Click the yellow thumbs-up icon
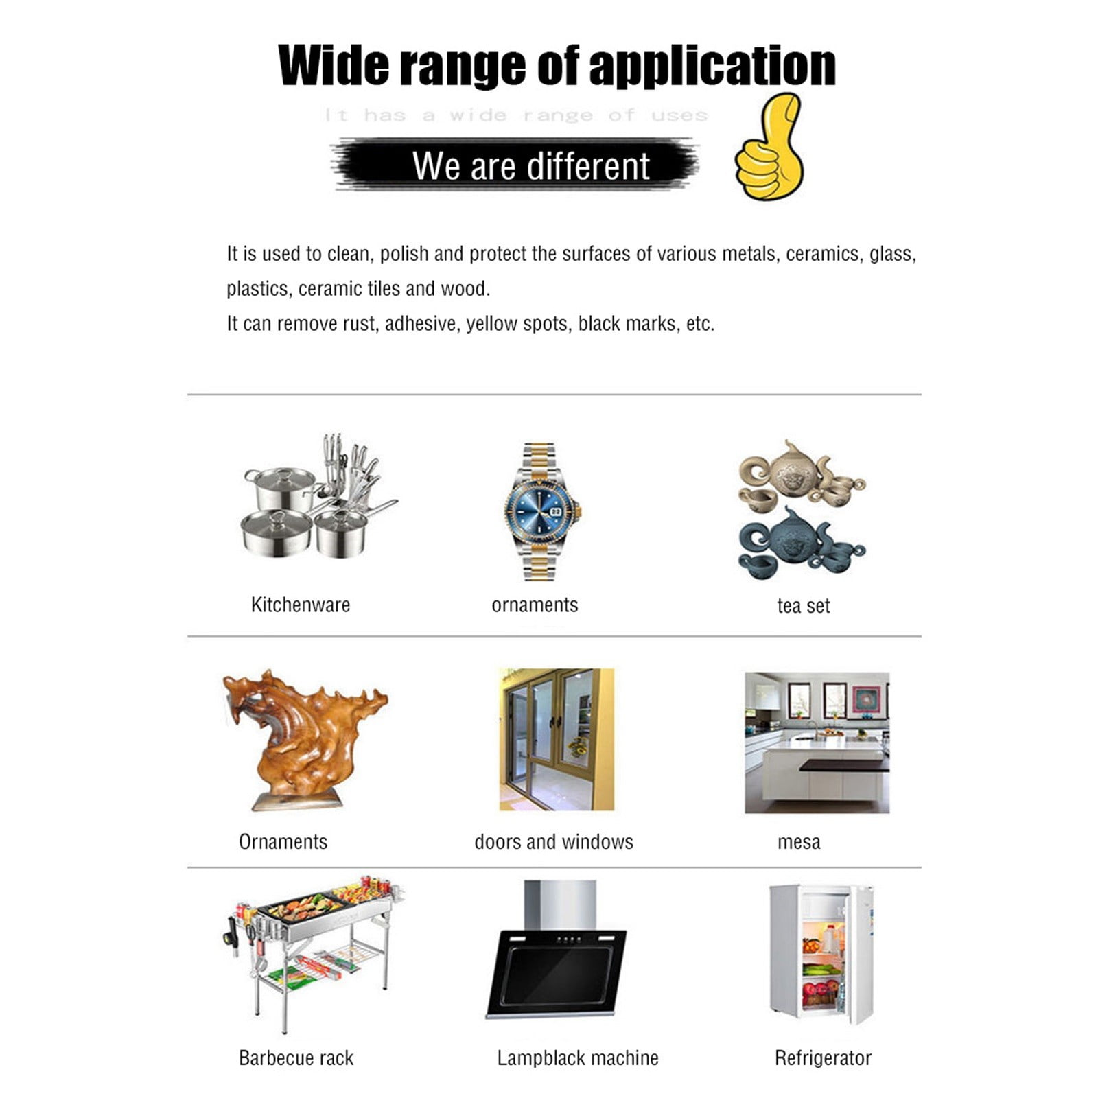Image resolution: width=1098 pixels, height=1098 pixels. click(x=770, y=147)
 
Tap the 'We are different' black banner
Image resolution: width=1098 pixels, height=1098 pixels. click(x=516, y=165)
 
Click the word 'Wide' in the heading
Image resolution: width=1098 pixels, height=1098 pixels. click(x=335, y=65)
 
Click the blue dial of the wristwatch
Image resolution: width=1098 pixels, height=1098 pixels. click(x=542, y=511)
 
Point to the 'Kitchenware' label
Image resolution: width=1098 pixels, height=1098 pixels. click(x=301, y=605)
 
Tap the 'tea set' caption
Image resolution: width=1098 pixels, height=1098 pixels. click(x=803, y=606)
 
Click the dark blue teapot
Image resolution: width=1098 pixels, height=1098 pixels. click(x=789, y=534)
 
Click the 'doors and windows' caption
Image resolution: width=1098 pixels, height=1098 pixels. click(x=554, y=841)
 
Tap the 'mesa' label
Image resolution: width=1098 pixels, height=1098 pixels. click(x=799, y=842)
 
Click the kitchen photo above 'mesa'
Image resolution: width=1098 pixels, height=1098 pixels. click(x=817, y=743)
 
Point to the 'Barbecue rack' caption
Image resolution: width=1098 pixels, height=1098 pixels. click(x=296, y=1058)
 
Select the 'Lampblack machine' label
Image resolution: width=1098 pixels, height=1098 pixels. click(x=578, y=1058)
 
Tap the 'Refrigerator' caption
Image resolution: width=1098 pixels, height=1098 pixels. click(x=823, y=1058)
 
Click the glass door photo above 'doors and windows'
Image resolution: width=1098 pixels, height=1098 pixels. click(x=557, y=739)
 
